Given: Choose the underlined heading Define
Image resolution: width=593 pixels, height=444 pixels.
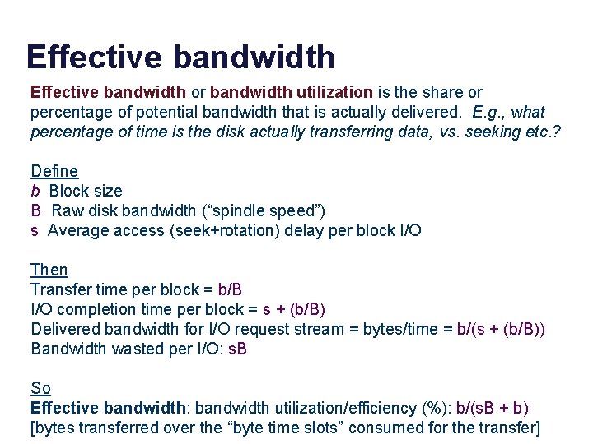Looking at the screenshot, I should click(x=54, y=171).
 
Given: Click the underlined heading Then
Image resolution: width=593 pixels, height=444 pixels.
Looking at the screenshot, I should click(x=49, y=270).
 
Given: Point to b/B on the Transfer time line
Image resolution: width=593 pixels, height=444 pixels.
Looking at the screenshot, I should click(x=230, y=289).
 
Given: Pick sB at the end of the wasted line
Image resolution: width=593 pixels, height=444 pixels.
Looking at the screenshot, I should click(x=237, y=349).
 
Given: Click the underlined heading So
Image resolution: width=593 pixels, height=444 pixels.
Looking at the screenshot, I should click(x=40, y=388).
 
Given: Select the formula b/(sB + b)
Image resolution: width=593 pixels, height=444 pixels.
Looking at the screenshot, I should click(x=486, y=408).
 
